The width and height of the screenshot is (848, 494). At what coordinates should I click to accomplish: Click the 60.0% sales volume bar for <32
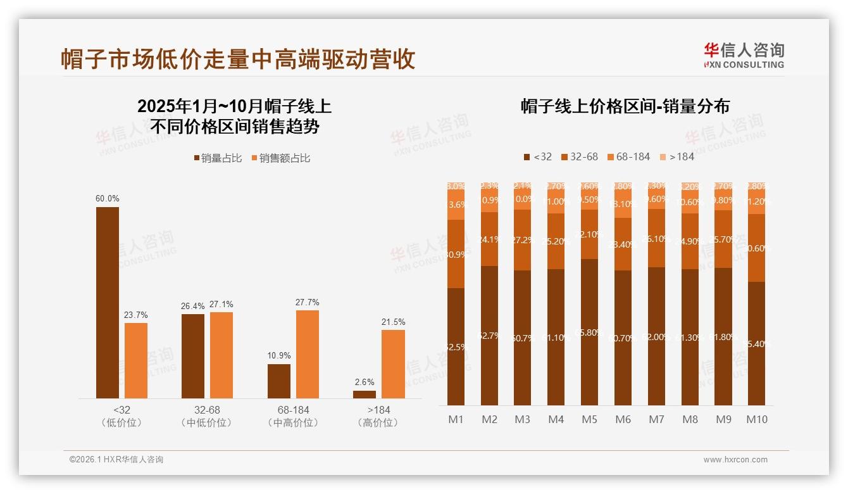coord(108,302)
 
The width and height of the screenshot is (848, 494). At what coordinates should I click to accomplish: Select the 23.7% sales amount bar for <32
coord(136,360)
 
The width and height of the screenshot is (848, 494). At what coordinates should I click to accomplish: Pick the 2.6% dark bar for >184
coord(365,394)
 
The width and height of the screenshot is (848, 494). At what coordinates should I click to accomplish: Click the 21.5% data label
coord(393,322)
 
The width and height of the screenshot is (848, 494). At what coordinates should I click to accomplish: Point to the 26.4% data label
coord(193,306)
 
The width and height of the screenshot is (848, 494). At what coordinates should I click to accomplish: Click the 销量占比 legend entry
coord(218,158)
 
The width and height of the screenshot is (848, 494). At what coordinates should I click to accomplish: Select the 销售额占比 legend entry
coord(281,158)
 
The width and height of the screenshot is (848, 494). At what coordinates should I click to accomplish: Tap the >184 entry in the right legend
coord(677,156)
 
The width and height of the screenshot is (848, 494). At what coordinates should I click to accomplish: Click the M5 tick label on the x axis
coord(589,419)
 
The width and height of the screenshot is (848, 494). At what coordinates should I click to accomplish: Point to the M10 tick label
coord(757,419)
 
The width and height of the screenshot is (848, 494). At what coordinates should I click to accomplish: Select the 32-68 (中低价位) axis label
coord(207,416)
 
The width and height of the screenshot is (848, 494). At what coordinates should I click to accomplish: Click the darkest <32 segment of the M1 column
coord(456,346)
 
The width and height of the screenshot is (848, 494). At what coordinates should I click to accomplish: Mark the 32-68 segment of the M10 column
coord(757,248)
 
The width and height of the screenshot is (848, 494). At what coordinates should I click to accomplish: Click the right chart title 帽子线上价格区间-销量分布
coord(625,106)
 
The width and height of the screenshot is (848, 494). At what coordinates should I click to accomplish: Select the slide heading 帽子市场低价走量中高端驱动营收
coord(238,59)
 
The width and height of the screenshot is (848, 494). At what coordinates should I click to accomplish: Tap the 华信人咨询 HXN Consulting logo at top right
coord(744,55)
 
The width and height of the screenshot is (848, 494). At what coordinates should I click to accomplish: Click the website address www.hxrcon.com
coord(735,460)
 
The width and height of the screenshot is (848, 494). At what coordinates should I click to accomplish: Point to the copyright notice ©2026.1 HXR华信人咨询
coord(116,460)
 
